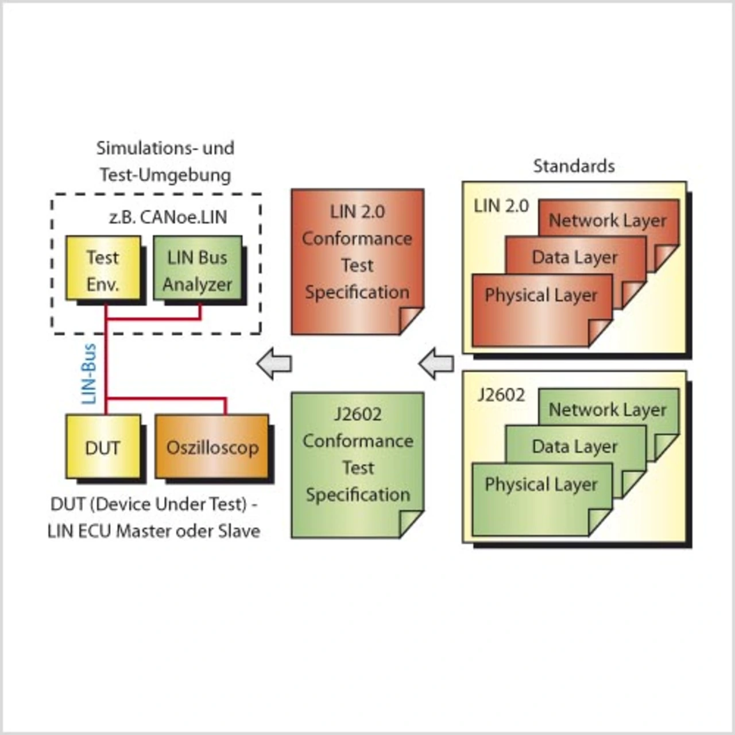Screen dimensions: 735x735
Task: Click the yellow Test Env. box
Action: pos(103,268)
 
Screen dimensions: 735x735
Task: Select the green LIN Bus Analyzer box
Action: pos(197,268)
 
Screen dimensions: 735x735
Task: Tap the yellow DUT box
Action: pos(103,447)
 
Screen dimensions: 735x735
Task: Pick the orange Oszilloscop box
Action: pos(212,447)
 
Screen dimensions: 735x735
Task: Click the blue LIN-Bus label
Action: pos(88,374)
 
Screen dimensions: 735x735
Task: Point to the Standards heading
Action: pos(574,166)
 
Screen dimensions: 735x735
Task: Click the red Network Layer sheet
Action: pos(608,220)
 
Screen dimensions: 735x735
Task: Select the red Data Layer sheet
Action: pos(575,257)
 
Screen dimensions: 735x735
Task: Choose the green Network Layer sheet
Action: pos(608,409)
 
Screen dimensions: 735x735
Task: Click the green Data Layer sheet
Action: pos(575,446)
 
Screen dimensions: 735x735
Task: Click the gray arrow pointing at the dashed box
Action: pos(274,363)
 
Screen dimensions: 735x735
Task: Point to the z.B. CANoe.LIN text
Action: pos(168,217)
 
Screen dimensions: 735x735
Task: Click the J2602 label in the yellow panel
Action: pos(501,394)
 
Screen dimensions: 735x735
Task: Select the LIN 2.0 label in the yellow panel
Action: pos(501,206)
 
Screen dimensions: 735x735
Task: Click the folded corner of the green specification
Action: pos(411,524)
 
